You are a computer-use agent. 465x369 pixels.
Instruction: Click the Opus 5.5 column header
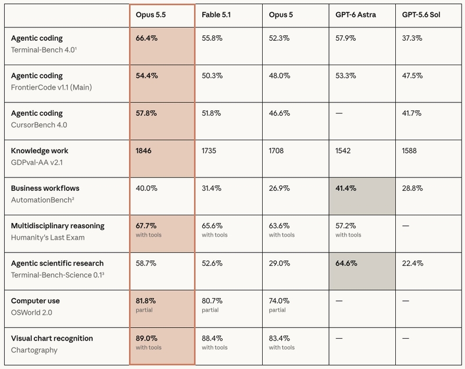tap(151, 15)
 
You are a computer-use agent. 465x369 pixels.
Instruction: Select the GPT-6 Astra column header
tap(356, 15)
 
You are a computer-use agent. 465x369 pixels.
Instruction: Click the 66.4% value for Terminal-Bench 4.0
tap(146, 38)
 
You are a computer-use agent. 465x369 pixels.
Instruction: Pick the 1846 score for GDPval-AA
tap(144, 151)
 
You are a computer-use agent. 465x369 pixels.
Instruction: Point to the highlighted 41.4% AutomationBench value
tap(346, 188)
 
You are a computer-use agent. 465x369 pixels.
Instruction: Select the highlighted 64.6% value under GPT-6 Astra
tap(346, 263)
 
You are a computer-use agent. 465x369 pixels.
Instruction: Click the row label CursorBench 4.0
tap(39, 125)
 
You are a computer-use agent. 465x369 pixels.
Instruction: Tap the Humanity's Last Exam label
tap(48, 237)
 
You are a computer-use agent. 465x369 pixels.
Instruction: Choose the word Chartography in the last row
tap(34, 350)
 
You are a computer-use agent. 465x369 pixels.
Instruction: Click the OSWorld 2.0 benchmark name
tap(31, 313)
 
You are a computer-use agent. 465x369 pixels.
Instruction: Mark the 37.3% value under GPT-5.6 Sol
tap(412, 38)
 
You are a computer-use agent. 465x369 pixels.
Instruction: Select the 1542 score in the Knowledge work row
tap(343, 151)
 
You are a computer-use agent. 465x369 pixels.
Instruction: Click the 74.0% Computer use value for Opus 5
tap(279, 301)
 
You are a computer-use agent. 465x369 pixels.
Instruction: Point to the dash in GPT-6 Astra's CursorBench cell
tap(339, 113)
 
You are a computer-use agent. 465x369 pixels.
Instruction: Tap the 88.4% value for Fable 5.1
tap(212, 338)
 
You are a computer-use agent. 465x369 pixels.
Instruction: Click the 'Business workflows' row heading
tap(45, 188)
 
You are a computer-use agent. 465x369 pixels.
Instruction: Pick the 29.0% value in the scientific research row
tap(280, 263)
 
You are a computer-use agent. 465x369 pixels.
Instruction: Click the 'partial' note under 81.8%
tap(144, 310)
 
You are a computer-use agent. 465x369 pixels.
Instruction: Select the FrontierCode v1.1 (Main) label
tap(51, 87)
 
